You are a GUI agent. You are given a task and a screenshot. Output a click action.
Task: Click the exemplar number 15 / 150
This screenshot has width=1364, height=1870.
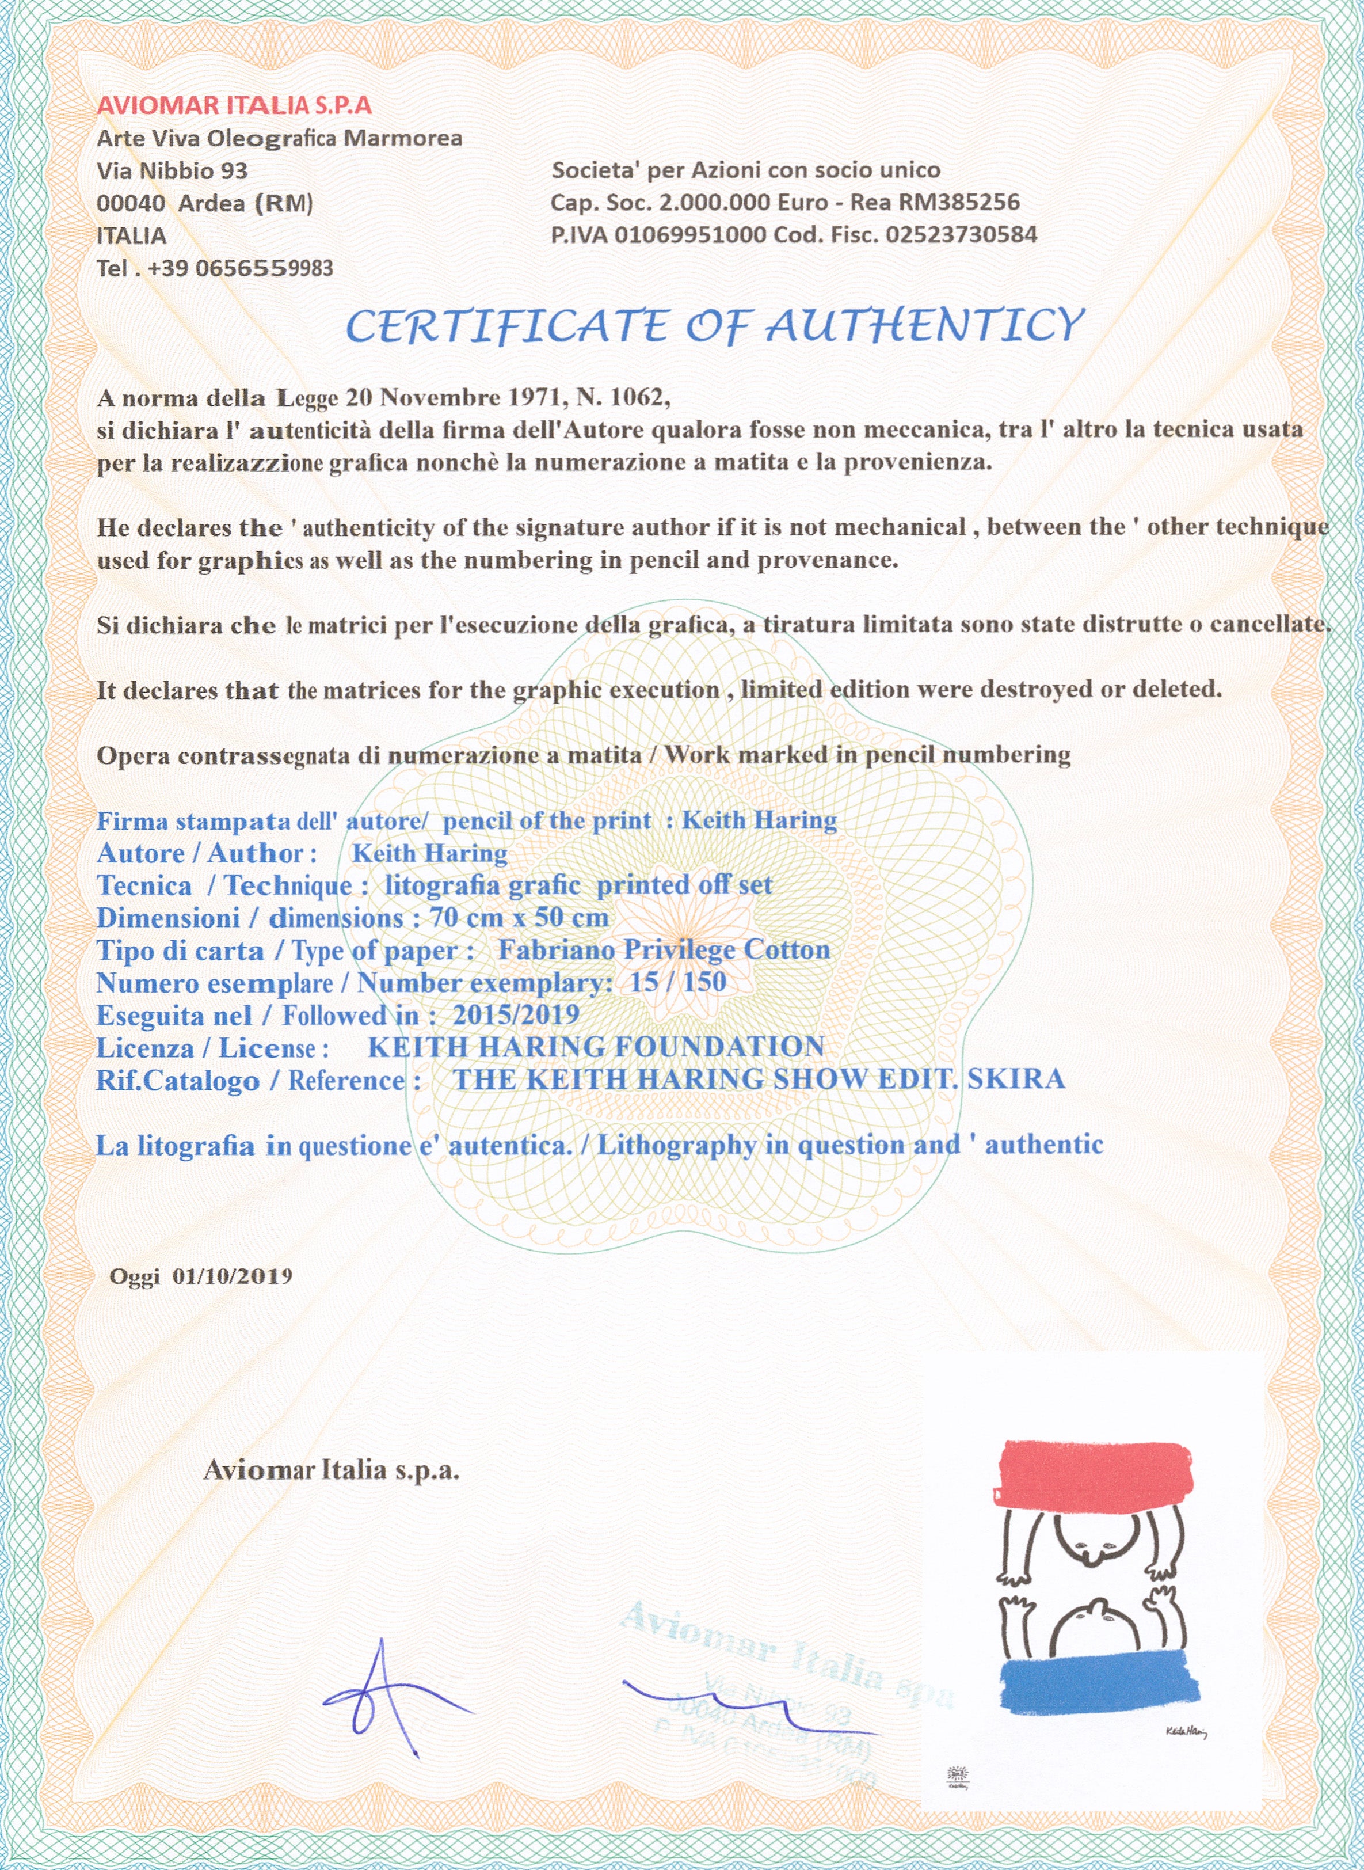(x=677, y=982)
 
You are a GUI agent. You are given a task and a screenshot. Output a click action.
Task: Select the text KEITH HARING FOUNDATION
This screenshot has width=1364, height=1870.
(x=595, y=1047)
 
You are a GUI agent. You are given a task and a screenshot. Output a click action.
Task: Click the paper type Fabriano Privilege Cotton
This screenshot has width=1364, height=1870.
(x=664, y=950)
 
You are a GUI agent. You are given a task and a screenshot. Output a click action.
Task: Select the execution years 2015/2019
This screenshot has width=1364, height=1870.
(x=516, y=1014)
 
